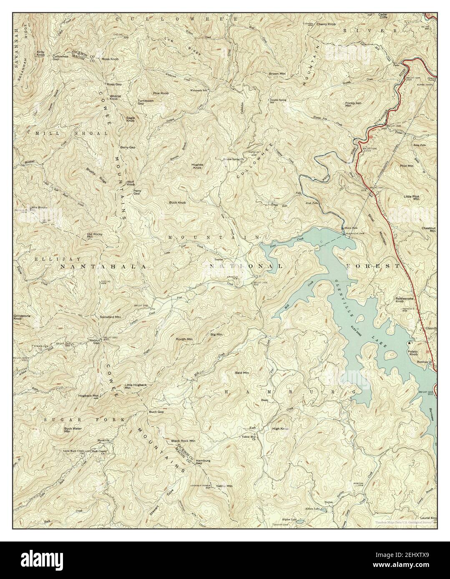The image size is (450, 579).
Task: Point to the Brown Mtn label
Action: [x=277, y=74]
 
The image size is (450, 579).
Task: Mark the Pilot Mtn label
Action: [x=406, y=166]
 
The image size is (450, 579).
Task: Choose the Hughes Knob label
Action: [x=197, y=166]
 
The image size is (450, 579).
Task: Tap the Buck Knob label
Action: [x=177, y=202]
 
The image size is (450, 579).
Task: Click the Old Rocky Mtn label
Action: [x=94, y=235]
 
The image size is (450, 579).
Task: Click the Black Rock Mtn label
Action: [x=183, y=440]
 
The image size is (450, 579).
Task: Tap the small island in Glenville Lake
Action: [x=391, y=355]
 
